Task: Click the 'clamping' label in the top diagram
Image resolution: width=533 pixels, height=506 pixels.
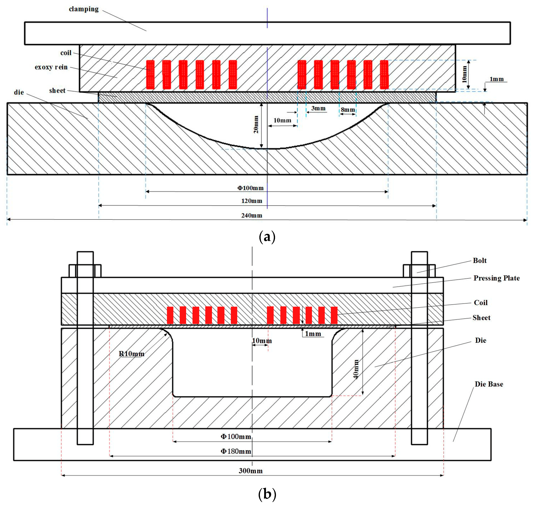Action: (84, 9)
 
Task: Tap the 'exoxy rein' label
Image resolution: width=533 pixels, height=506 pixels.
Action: (51, 67)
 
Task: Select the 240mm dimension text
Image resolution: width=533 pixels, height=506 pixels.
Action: (252, 215)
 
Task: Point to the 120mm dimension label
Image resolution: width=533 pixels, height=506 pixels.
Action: (252, 201)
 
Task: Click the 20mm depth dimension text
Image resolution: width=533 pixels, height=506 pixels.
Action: (256, 124)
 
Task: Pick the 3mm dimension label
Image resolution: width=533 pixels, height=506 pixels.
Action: (318, 108)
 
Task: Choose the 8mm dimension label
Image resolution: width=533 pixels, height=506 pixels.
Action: (348, 110)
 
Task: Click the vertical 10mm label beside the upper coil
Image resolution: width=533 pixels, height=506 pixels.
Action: (464, 74)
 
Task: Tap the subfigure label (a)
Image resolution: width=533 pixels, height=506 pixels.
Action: (267, 237)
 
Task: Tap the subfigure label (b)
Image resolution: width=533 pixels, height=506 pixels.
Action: (267, 494)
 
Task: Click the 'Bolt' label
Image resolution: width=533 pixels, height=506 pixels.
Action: (480, 261)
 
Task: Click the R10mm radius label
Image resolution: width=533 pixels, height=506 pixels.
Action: (131, 354)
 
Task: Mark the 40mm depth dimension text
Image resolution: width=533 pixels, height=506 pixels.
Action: (356, 369)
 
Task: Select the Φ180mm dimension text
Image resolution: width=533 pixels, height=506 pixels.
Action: (236, 451)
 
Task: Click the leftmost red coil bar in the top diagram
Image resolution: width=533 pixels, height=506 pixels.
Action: (150, 74)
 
